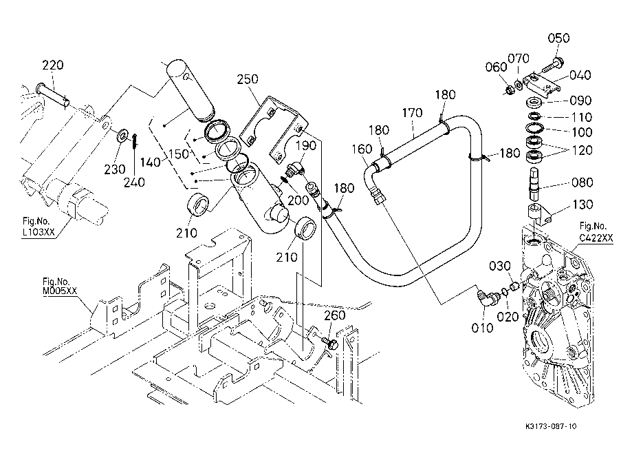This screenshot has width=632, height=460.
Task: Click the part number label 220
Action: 53,66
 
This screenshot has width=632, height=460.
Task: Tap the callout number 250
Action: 247,80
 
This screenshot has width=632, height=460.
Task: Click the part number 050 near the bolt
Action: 558,39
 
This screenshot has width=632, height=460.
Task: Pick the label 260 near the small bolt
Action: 334,316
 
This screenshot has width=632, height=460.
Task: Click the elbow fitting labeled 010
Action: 488,297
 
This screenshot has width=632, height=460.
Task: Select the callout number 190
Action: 305,147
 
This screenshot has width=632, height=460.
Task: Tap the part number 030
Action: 500,266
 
